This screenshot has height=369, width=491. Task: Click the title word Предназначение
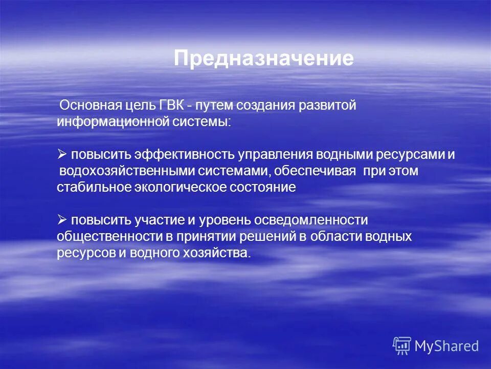click(x=263, y=59)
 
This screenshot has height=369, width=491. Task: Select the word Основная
click(x=91, y=106)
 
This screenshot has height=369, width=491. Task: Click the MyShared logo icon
click(x=402, y=346)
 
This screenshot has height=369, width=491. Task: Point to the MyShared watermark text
click(x=447, y=346)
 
